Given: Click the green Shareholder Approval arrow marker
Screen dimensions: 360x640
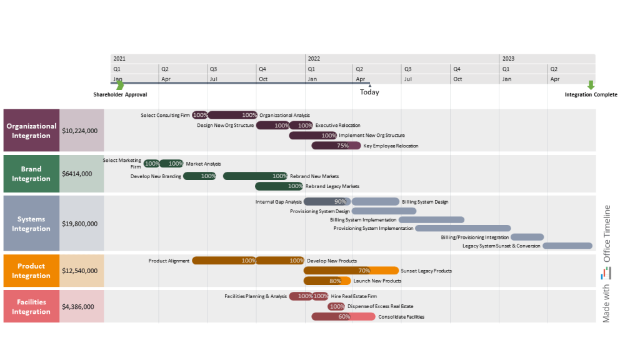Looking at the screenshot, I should click(x=120, y=85).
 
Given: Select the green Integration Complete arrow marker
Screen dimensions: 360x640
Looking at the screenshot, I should click(x=591, y=85).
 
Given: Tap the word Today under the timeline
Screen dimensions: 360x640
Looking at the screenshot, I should click(x=369, y=92).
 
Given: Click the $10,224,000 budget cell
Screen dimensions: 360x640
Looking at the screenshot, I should click(x=81, y=131).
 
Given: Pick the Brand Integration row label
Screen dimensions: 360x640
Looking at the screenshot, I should click(x=31, y=174).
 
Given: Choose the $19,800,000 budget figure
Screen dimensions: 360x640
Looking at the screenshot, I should click(x=81, y=223).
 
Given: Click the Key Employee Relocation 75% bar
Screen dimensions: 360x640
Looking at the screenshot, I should click(x=336, y=146).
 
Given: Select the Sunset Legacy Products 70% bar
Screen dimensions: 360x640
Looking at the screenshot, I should click(x=351, y=271).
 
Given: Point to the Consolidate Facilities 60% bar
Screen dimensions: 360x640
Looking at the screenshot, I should click(x=343, y=317).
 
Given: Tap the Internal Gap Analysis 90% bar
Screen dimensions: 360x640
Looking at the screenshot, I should click(x=327, y=202).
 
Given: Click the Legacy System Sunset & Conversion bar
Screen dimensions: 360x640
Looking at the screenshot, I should click(x=567, y=246).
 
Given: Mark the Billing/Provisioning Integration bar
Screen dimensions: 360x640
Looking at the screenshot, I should click(x=527, y=237).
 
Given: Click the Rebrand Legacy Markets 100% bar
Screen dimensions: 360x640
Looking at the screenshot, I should click(x=279, y=186).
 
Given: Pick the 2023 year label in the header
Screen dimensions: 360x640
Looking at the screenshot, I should click(x=508, y=58).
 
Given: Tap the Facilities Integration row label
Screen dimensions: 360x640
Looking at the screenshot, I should click(x=31, y=307).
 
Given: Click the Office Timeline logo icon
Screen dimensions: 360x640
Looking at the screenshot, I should click(x=606, y=273).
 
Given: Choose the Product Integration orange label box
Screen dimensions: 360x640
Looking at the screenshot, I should click(x=31, y=271).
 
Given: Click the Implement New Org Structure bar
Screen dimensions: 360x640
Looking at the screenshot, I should click(x=313, y=136).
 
